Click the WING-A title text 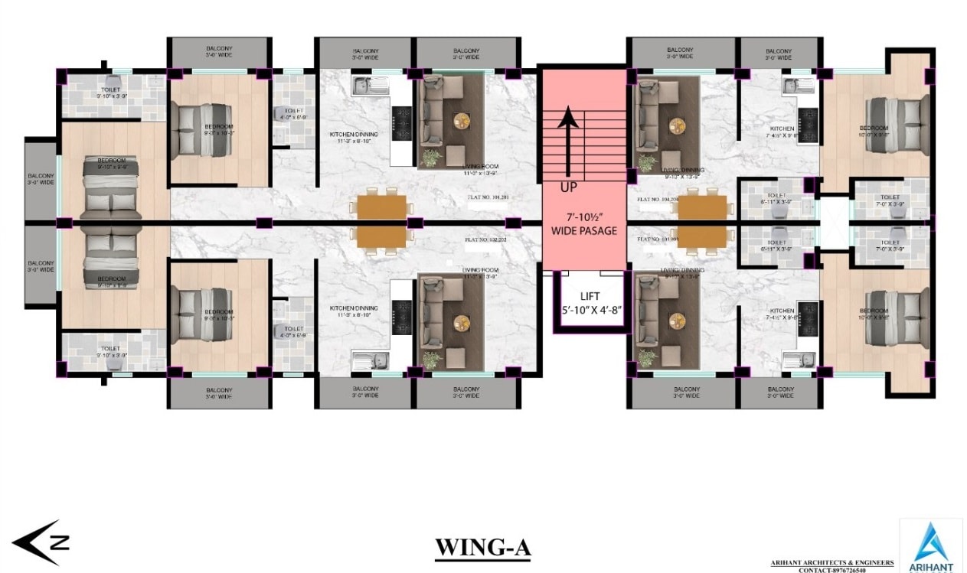point(482,548)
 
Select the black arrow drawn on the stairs point(567,142)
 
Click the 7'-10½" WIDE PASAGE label point(583,224)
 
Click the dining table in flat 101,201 point(381,207)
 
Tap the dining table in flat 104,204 point(701,207)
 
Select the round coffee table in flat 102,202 point(462,322)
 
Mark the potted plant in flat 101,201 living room point(431,158)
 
